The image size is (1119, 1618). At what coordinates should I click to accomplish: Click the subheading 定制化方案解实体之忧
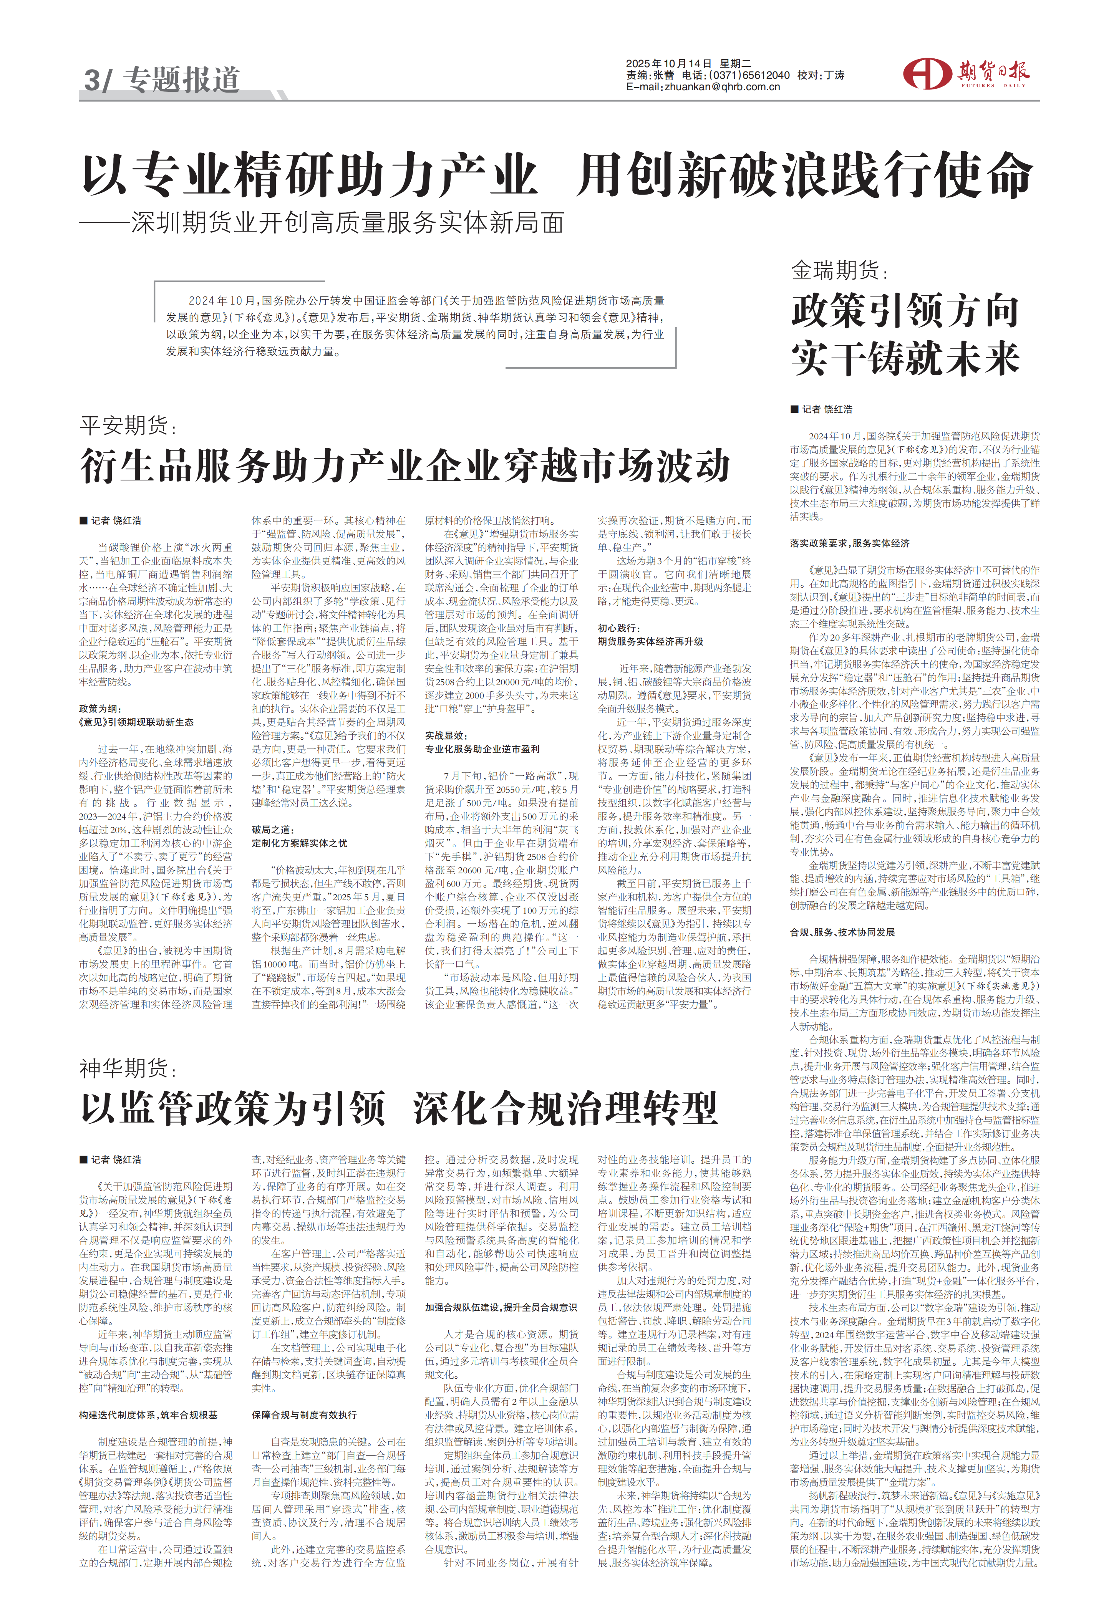tap(299, 843)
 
